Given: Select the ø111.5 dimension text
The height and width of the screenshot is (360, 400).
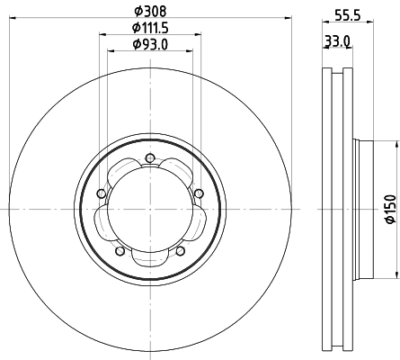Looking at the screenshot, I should [x=149, y=28].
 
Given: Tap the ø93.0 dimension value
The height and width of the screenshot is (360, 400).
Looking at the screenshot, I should [x=149, y=44].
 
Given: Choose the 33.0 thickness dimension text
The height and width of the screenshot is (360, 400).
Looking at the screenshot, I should [x=335, y=41].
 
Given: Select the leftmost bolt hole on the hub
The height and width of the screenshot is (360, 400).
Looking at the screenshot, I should [x=102, y=193].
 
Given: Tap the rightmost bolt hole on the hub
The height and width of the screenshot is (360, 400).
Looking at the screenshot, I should [x=198, y=191].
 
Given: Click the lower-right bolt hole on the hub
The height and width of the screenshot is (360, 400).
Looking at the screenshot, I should [x=181, y=251].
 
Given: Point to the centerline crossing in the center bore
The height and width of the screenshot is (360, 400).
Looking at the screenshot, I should [x=149, y=211].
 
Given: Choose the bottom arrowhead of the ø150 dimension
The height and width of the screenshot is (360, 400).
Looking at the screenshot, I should [x=395, y=278].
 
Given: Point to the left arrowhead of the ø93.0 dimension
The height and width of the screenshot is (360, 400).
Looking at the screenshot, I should [x=112, y=51].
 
